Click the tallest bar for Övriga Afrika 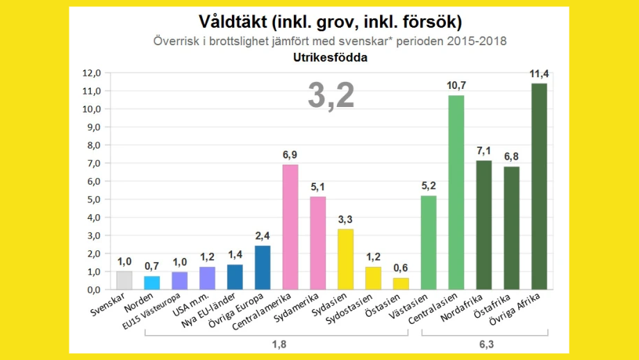pyautogui.click(x=539, y=186)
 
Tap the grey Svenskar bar pyautogui.click(x=124, y=280)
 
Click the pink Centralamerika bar pyautogui.click(x=290, y=227)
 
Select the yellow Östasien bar pyautogui.click(x=401, y=284)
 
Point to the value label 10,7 pyautogui.click(x=456, y=85)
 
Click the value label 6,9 pyautogui.click(x=290, y=155)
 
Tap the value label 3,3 pyautogui.click(x=346, y=220)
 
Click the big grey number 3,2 pyautogui.click(x=331, y=96)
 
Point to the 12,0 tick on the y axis pyautogui.click(x=92, y=73)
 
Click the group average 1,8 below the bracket pyautogui.click(x=276, y=343)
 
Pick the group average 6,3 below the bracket pyautogui.click(x=484, y=343)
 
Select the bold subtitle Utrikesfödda pyautogui.click(x=330, y=58)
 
